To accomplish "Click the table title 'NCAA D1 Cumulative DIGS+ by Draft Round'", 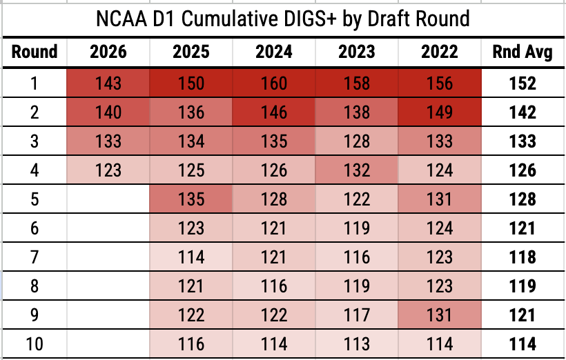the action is [x=282, y=19].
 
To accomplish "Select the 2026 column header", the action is [x=108, y=52].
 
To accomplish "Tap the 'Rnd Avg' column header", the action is [x=523, y=52].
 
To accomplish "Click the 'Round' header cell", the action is [x=35, y=52].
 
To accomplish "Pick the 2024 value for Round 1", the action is [x=274, y=83].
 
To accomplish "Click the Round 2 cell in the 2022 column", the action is [x=440, y=112].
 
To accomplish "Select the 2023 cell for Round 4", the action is [x=357, y=170].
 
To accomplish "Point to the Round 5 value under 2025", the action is [x=191, y=199].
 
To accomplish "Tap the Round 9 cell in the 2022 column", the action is [x=440, y=314].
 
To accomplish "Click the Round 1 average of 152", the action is [x=523, y=83].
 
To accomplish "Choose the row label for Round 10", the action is [x=35, y=343].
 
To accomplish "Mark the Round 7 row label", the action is [x=35, y=257].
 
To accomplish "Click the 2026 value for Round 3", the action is [x=108, y=141].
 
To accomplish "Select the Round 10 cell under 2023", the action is [x=357, y=343].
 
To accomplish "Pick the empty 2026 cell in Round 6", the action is [x=108, y=228].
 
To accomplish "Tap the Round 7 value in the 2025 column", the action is [x=191, y=257].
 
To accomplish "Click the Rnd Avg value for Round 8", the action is [x=523, y=286].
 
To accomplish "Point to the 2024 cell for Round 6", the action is [x=274, y=228].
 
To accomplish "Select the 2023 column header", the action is [x=357, y=52].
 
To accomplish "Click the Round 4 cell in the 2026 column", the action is [x=108, y=170].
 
